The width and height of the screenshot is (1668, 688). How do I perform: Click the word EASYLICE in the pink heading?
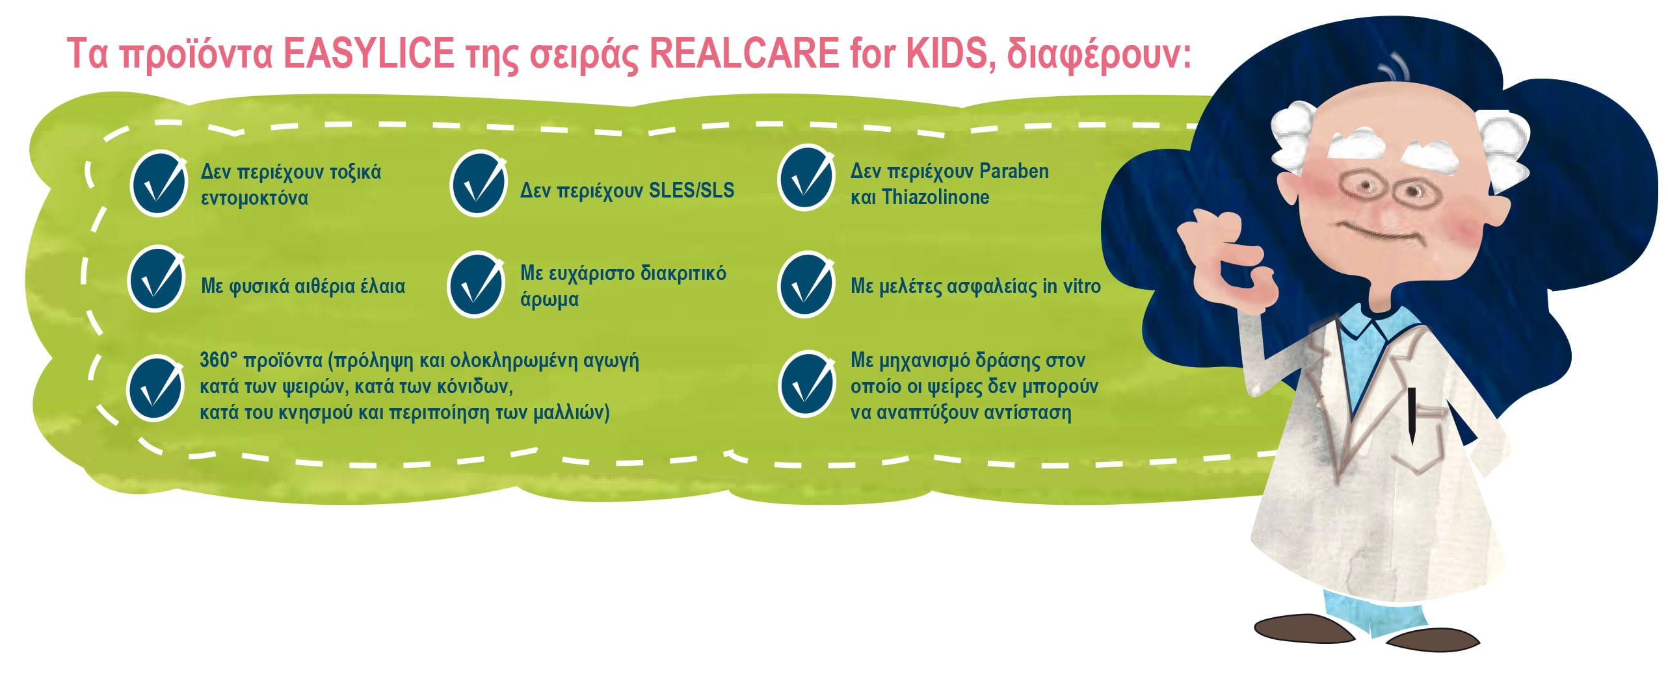[369, 54]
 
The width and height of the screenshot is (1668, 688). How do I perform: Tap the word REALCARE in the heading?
[744, 54]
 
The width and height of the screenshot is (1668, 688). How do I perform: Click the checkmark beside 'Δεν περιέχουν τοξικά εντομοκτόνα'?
[157, 183]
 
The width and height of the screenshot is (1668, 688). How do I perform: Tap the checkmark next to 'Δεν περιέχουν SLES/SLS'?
[478, 183]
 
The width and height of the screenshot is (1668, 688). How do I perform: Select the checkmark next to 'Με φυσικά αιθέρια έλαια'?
[156, 279]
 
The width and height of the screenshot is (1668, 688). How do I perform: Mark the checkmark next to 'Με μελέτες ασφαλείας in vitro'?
[806, 285]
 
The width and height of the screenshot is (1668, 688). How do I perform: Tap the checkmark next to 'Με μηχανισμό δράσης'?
[806, 384]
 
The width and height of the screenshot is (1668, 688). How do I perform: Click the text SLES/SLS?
[692, 190]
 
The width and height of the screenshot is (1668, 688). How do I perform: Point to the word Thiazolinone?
[936, 197]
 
